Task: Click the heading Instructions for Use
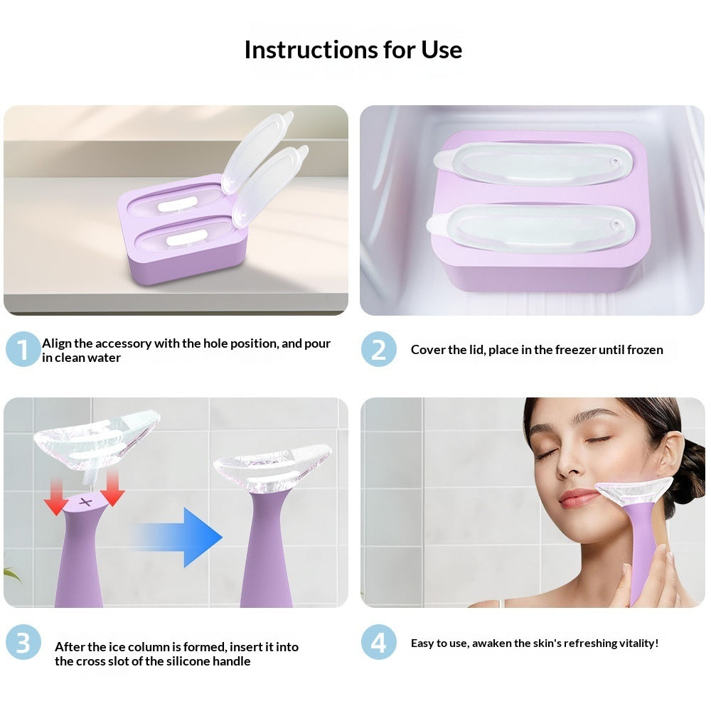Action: click(x=353, y=50)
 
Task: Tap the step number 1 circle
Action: click(x=23, y=350)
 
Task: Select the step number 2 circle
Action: click(x=378, y=350)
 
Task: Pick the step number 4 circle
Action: click(x=378, y=643)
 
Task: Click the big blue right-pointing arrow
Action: click(x=181, y=537)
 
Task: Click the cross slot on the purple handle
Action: click(x=85, y=502)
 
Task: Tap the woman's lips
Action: click(x=577, y=497)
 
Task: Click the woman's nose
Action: click(x=567, y=466)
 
